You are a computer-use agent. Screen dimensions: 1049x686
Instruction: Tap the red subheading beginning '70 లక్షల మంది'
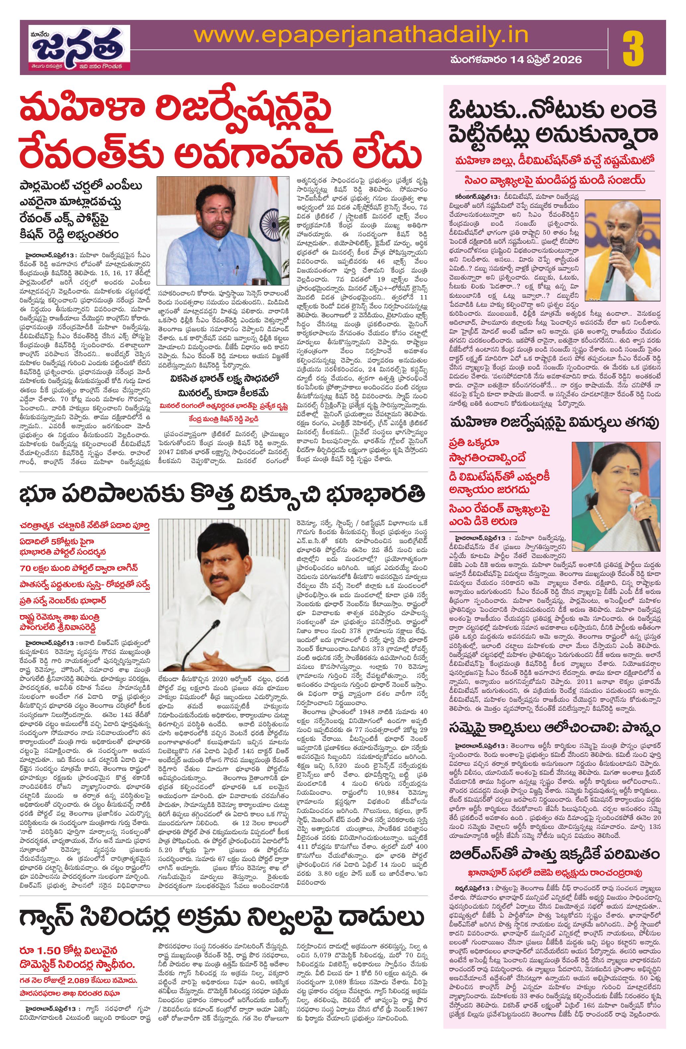click(x=79, y=568)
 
